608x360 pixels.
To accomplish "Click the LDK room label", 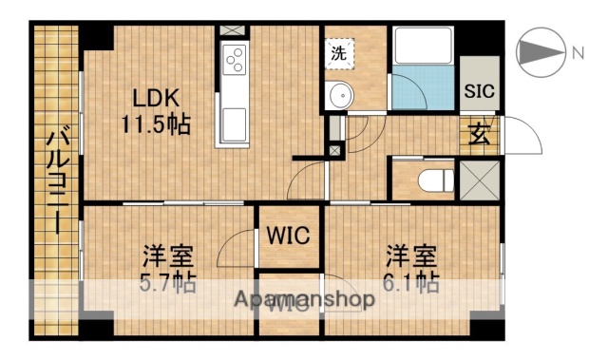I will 154,98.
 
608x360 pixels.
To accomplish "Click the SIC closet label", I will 478,92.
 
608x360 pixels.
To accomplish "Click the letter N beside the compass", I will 578,53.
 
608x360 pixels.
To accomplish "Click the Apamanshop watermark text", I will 304,299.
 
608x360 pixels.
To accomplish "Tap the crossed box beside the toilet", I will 477,179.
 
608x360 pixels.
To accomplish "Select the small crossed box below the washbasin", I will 333,149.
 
